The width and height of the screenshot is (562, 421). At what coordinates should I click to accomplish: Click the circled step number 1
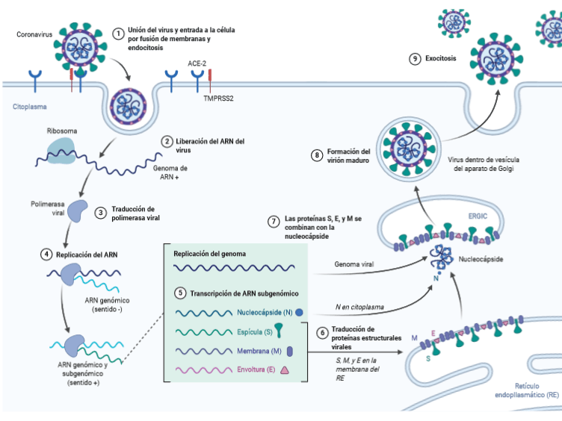click(117, 33)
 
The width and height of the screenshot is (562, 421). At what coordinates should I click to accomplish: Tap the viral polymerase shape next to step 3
click(76, 213)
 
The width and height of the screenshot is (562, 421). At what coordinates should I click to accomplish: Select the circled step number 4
click(46, 255)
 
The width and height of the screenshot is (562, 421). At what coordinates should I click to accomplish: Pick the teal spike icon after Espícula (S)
click(278, 331)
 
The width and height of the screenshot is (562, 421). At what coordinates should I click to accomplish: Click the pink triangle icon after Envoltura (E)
click(285, 370)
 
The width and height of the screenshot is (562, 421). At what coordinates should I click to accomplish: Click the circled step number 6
click(323, 332)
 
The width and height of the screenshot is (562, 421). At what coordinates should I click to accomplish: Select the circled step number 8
click(317, 155)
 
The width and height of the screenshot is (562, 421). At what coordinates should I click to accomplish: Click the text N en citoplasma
click(360, 306)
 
